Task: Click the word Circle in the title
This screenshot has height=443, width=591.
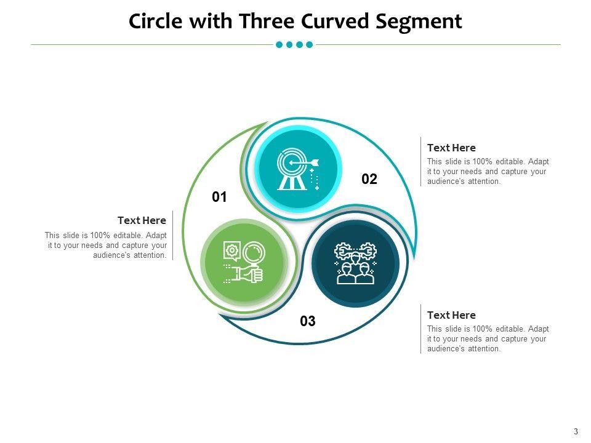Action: point(156,22)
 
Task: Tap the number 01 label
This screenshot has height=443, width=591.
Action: point(220,198)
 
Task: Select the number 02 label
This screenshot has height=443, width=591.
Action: point(369,180)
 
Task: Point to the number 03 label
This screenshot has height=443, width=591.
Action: point(308,321)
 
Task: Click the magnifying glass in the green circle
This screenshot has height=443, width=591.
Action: point(252,253)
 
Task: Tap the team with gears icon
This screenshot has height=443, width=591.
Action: point(355,263)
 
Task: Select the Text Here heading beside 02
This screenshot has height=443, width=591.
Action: point(451,148)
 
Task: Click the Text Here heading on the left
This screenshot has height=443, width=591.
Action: point(142,220)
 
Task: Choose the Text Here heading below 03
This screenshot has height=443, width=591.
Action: point(451,315)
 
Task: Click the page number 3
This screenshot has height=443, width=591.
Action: point(576,431)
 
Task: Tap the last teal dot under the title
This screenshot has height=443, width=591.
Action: point(309,44)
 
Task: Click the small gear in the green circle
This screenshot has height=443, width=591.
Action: point(231,250)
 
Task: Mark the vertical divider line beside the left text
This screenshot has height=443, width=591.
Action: point(173,236)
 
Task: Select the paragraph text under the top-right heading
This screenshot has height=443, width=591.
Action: point(488,172)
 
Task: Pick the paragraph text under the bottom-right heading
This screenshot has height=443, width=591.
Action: point(488,339)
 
